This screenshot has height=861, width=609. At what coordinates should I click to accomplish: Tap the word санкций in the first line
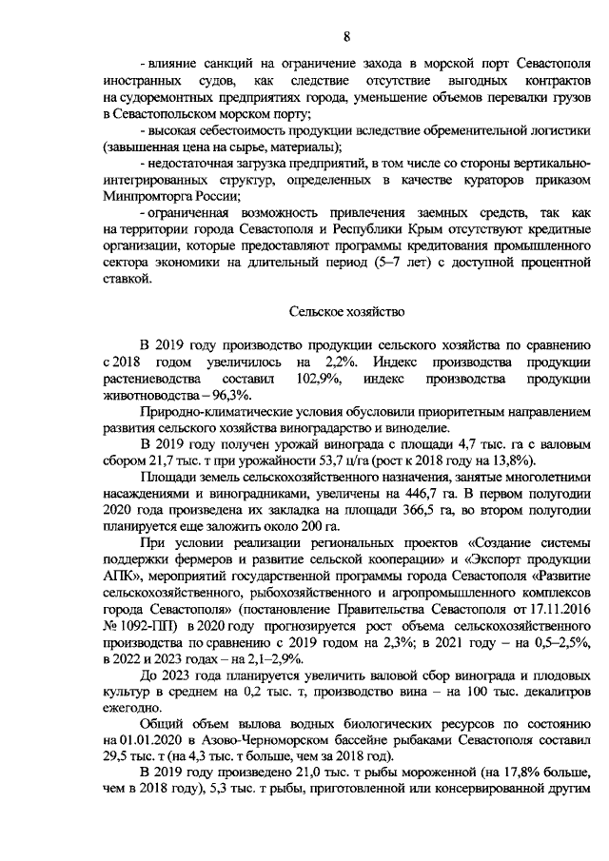[x=229, y=62]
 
